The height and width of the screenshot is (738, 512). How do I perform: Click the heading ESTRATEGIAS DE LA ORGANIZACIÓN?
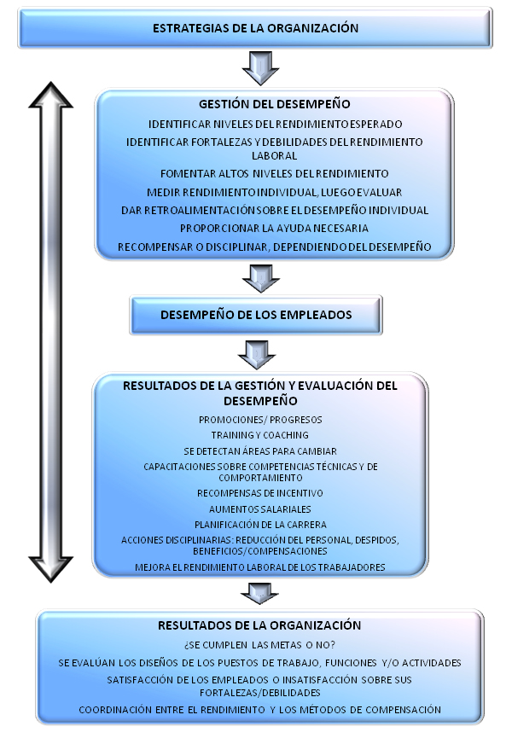(x=255, y=28)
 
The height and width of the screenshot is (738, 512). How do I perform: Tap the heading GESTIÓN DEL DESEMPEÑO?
(x=275, y=104)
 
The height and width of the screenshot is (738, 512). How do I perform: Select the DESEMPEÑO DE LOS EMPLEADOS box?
(x=256, y=315)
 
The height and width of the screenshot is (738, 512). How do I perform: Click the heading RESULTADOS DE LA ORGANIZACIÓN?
(x=259, y=625)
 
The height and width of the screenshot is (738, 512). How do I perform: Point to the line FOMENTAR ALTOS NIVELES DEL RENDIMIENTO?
(x=275, y=174)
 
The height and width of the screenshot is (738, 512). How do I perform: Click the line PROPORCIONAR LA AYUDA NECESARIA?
(x=275, y=229)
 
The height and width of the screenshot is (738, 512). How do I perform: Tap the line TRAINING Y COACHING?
(x=259, y=435)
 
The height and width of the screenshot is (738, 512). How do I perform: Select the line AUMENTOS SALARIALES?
(x=259, y=509)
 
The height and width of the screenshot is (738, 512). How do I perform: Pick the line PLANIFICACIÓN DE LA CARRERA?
(x=260, y=525)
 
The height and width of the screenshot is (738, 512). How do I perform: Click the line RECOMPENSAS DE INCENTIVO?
(x=259, y=493)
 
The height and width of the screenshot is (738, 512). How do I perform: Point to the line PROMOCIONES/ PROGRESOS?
(x=260, y=420)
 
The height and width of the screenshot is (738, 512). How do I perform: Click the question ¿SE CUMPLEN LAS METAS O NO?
(x=259, y=645)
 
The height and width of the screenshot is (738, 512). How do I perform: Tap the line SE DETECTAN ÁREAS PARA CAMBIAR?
(x=260, y=451)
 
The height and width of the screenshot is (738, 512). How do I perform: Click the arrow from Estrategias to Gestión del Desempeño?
(x=261, y=67)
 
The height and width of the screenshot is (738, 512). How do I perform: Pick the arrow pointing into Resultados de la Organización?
(x=259, y=594)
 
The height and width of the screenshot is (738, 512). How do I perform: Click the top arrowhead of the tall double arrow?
(x=51, y=96)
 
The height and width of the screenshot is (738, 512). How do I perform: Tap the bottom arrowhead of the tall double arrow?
(x=51, y=568)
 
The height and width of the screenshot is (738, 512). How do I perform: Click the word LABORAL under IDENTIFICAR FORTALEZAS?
(x=275, y=156)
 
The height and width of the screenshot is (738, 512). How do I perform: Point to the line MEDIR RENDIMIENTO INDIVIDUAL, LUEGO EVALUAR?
(x=275, y=193)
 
